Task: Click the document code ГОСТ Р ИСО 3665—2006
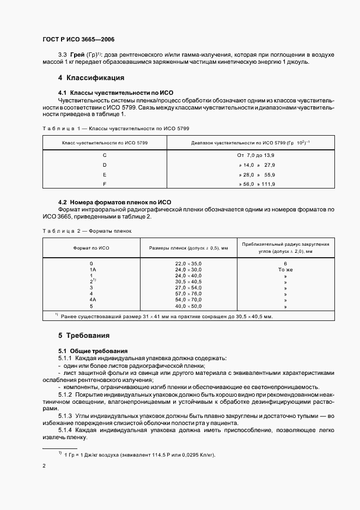pos(78,39)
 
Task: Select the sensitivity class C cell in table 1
pos(105,155)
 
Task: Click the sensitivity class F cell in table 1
pos(105,185)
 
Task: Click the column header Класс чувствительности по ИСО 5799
pos(105,142)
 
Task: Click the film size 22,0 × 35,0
pos(188,264)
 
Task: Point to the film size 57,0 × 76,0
pos(188,293)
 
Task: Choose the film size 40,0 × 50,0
pos(188,307)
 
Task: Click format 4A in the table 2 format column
pos(91,300)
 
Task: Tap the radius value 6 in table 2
pos(285,264)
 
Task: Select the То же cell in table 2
pos(285,270)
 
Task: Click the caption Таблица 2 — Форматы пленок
pos(87,231)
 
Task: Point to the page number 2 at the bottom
pos(44,466)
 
